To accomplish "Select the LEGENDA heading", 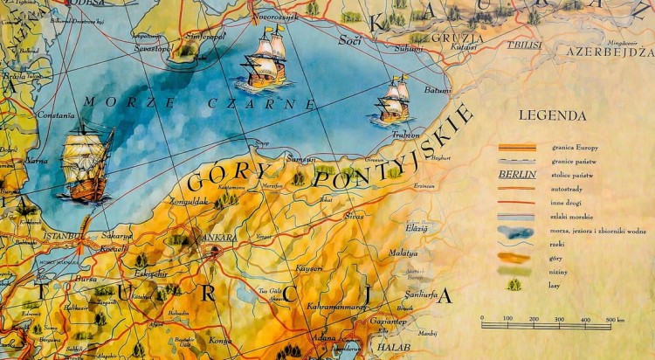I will (x=552, y=115).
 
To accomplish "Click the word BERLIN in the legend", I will (x=517, y=174).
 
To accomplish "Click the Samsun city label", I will (x=300, y=157).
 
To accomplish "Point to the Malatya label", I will (x=403, y=253).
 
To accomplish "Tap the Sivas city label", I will (x=354, y=214).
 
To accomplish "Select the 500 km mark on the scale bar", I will (x=613, y=319).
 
